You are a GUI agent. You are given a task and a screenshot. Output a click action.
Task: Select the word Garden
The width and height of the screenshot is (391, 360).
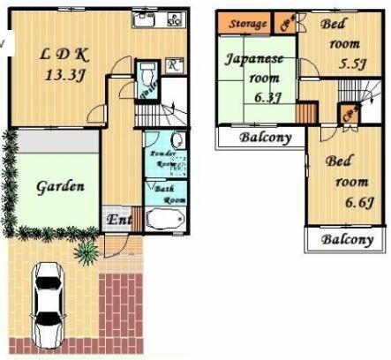(x=60, y=187)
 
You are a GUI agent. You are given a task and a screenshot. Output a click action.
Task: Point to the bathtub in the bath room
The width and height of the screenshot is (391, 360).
(x=167, y=221)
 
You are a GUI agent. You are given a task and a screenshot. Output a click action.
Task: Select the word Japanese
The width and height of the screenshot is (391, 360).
(x=254, y=59)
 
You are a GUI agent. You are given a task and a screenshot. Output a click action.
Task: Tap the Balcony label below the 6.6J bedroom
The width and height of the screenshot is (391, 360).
(x=346, y=239)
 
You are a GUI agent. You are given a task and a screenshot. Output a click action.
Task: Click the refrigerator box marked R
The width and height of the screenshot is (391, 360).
(x=175, y=64)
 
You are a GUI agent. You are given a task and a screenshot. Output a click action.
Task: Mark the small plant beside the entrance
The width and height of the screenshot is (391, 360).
(x=86, y=252)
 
